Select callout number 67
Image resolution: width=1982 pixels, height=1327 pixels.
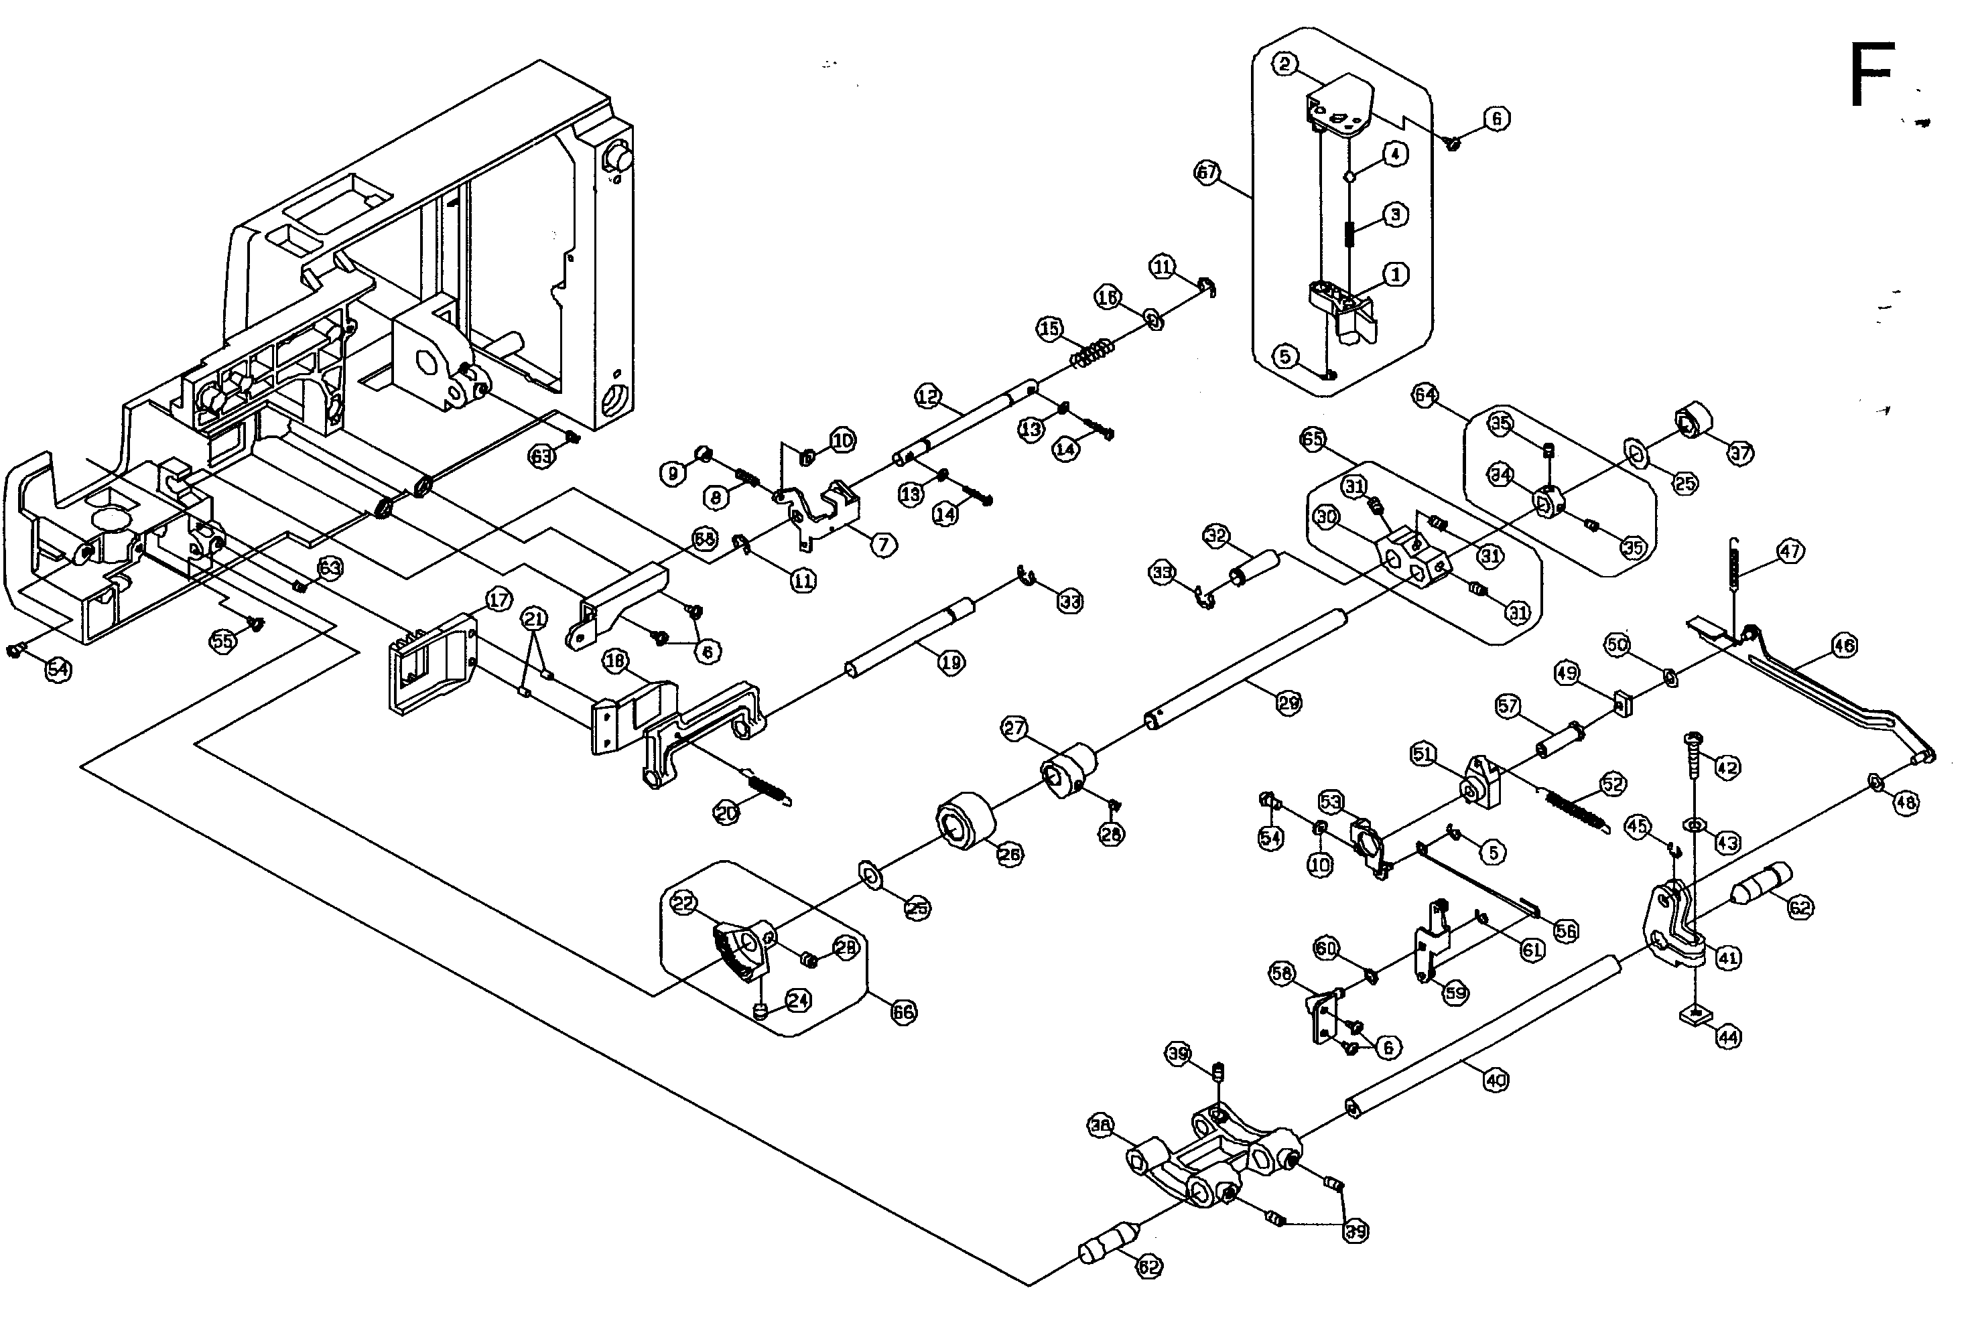[1207, 173]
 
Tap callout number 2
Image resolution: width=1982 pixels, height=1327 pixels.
[1286, 64]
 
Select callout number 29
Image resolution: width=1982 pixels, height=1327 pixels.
[1288, 703]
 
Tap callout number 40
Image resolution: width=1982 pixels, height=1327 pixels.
[1496, 1080]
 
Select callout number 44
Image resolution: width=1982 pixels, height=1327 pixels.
[1728, 1037]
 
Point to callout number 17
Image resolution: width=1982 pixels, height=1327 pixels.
[499, 600]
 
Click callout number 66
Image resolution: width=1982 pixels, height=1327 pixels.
[904, 1011]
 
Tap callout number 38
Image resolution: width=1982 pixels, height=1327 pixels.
[1100, 1125]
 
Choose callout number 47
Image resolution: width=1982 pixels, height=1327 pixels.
[1790, 552]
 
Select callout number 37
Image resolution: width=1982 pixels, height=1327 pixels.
[1739, 453]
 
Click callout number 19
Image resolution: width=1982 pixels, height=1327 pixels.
[951, 662]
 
